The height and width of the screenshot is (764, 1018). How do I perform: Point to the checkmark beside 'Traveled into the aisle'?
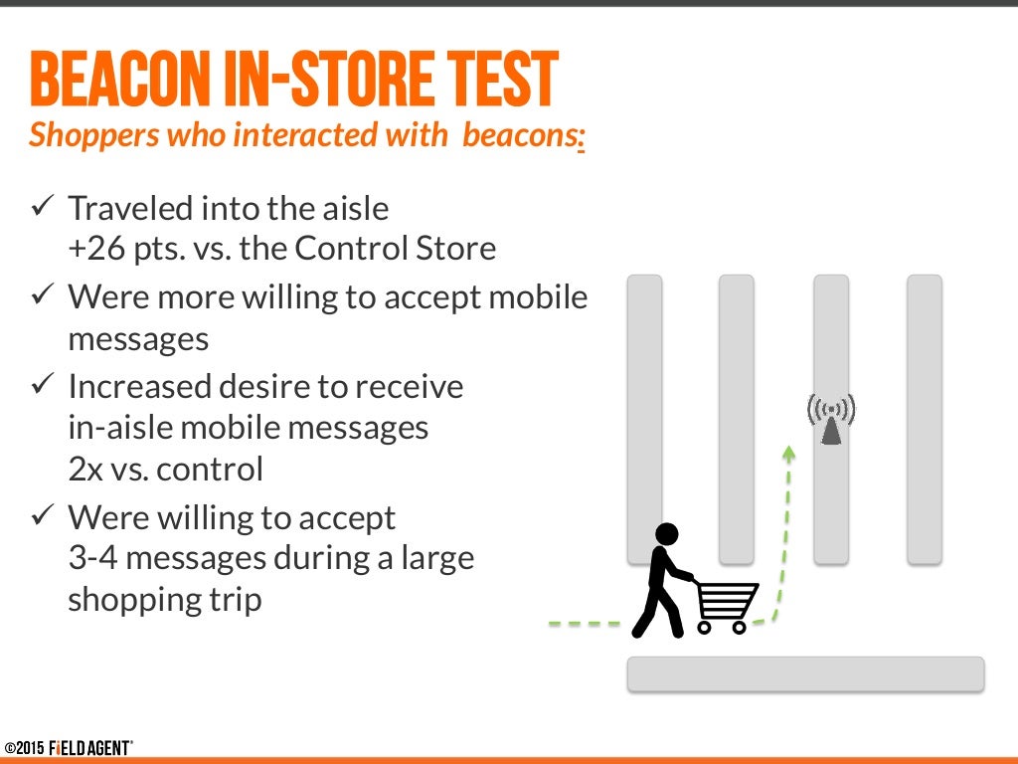[44, 208]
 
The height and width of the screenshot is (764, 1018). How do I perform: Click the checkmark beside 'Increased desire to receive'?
[44, 384]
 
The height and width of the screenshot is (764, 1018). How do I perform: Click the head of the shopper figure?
[665, 535]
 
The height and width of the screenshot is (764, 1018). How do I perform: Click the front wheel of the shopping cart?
[738, 627]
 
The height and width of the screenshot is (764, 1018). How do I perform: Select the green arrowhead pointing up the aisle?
[789, 454]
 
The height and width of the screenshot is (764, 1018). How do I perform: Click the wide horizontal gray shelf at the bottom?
[805, 673]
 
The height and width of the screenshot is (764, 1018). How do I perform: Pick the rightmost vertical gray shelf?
[924, 419]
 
